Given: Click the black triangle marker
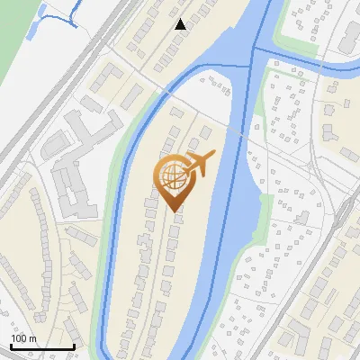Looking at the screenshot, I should coord(181,24).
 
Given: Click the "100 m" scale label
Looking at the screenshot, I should coord(23,338).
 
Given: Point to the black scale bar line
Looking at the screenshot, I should coord(41,346).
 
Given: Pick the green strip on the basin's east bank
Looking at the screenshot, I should coord(262,216).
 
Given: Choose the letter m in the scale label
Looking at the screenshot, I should coord(31,338).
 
